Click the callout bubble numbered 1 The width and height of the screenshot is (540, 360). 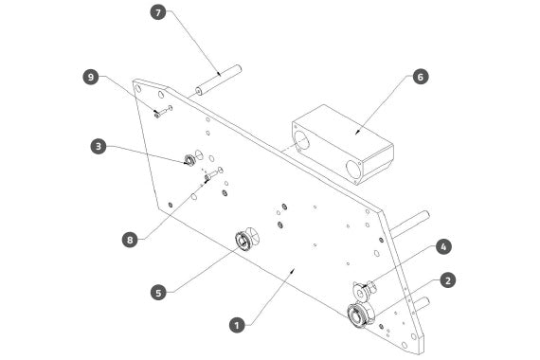[237, 325]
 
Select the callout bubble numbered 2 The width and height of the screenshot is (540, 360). [447, 280]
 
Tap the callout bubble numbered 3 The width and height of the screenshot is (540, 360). [99, 147]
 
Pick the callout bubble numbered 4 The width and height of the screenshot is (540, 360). [443, 246]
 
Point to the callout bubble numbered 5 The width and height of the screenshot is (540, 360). [158, 293]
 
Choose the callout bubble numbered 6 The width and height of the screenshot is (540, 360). [420, 77]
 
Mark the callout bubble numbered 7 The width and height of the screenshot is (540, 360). [158, 12]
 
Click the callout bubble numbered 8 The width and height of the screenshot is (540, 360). [130, 240]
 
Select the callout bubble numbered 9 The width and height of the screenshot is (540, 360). [91, 77]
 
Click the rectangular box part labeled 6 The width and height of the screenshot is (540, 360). [343, 145]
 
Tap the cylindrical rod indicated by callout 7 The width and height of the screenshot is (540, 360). [218, 80]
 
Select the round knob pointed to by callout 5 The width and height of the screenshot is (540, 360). [246, 239]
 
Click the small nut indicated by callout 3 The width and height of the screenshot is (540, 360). [189, 160]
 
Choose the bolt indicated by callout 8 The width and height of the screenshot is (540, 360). [210, 175]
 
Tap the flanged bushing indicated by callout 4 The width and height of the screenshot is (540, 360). [363, 291]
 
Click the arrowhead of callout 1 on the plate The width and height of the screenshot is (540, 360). [293, 270]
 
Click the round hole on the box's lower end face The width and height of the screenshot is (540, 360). [353, 170]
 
